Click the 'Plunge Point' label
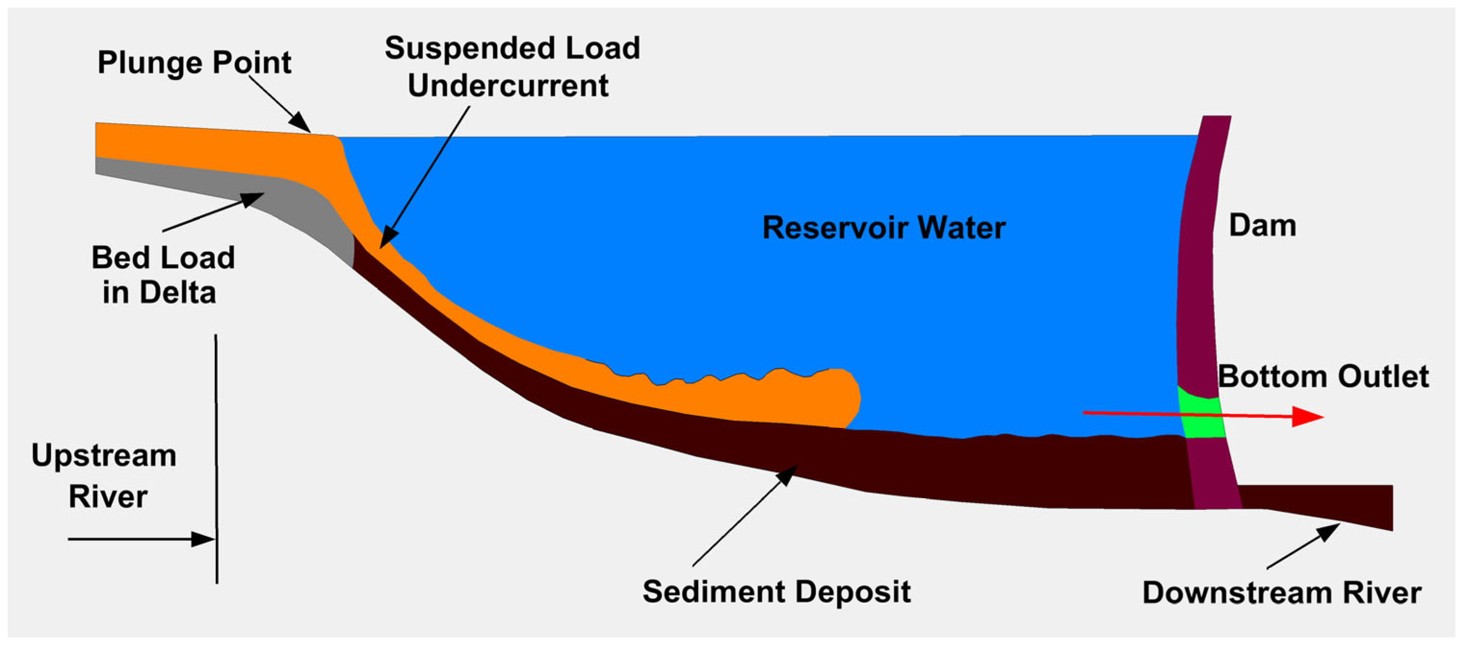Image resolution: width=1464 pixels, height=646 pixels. [x=195, y=63]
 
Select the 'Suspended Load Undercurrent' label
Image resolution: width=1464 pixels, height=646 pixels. [x=511, y=66]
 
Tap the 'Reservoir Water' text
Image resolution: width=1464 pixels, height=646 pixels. [x=884, y=228]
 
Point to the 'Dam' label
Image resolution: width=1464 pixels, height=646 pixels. [x=1262, y=226]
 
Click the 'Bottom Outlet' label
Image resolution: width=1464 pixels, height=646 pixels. [x=1322, y=377]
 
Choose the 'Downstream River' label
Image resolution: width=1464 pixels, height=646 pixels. [x=1281, y=593]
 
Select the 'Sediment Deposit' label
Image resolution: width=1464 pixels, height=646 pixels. [x=776, y=592]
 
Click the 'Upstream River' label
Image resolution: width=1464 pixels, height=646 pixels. [x=105, y=476]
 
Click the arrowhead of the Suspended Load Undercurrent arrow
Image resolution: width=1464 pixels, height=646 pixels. [x=386, y=238]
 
